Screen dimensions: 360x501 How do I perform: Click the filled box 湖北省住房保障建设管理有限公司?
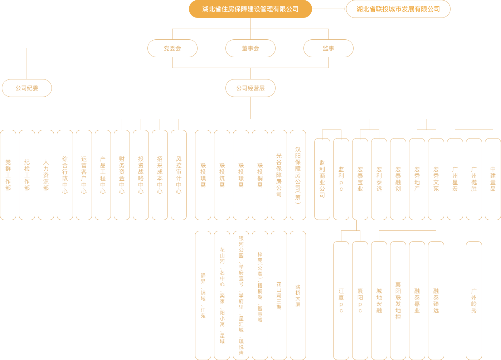click(x=250, y=9)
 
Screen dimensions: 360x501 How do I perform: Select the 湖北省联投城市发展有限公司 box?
click(x=398, y=9)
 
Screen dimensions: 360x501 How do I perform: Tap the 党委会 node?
click(x=172, y=48)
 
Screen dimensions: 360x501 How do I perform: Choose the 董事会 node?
click(x=250, y=48)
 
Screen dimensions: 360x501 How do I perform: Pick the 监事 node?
click(x=328, y=48)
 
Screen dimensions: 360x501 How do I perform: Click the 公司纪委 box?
click(x=27, y=88)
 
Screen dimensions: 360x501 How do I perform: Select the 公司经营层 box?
click(x=250, y=88)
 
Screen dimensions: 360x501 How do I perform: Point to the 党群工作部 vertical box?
click(x=8, y=175)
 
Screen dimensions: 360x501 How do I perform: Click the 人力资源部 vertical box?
click(x=46, y=175)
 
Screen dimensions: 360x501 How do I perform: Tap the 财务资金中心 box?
click(x=122, y=175)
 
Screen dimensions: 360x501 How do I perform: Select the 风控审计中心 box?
click(x=179, y=175)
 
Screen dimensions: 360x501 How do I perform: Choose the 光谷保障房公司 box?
click(x=279, y=175)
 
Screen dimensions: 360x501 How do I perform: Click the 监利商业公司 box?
click(x=322, y=179)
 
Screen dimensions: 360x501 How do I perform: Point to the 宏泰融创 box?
click(x=398, y=179)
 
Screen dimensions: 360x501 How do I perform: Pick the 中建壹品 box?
click(x=493, y=179)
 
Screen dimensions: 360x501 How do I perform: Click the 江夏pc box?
click(x=341, y=301)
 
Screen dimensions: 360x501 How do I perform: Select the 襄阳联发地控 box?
click(x=398, y=301)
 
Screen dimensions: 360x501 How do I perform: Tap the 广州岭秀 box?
click(x=474, y=301)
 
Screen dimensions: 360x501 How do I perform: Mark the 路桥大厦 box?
click(x=298, y=296)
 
